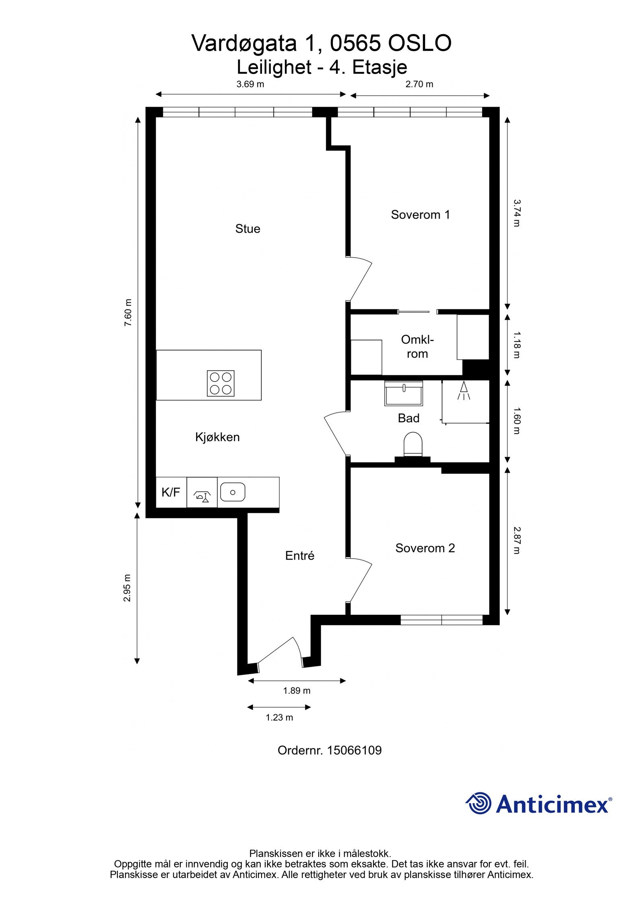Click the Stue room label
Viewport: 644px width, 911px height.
pos(248,229)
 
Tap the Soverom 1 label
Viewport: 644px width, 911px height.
pos(420,215)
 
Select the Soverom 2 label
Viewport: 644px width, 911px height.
pos(425,548)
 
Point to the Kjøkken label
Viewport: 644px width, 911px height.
pos(217,437)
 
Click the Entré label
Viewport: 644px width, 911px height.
pos(299,556)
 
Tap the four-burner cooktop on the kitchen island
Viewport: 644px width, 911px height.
pos(221,383)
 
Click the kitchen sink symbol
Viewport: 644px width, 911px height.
pos(233,492)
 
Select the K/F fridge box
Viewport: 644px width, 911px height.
pos(171,492)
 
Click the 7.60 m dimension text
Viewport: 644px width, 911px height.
pos(128,313)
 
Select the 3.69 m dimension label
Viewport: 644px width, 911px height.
pos(250,84)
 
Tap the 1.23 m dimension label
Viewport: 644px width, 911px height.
pos(279,717)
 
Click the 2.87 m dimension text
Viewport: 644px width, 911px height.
pos(517,541)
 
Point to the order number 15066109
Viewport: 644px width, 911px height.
pos(354,750)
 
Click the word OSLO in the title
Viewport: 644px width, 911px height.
pos(419,43)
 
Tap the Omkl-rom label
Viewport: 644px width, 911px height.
pos(417,347)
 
